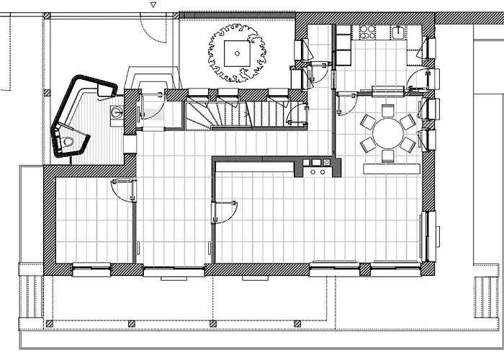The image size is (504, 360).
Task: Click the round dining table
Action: click(387, 134)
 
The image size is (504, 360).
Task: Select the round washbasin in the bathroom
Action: click(115, 112)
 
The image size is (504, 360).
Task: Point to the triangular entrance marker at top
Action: click(152, 4)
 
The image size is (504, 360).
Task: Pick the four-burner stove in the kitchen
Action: click(367, 32)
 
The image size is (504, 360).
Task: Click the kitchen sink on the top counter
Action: click(398, 32)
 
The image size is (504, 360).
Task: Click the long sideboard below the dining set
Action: click(392, 168)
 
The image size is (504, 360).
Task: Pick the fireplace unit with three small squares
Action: click(318, 168)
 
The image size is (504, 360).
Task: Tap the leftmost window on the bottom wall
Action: click(91, 271)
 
